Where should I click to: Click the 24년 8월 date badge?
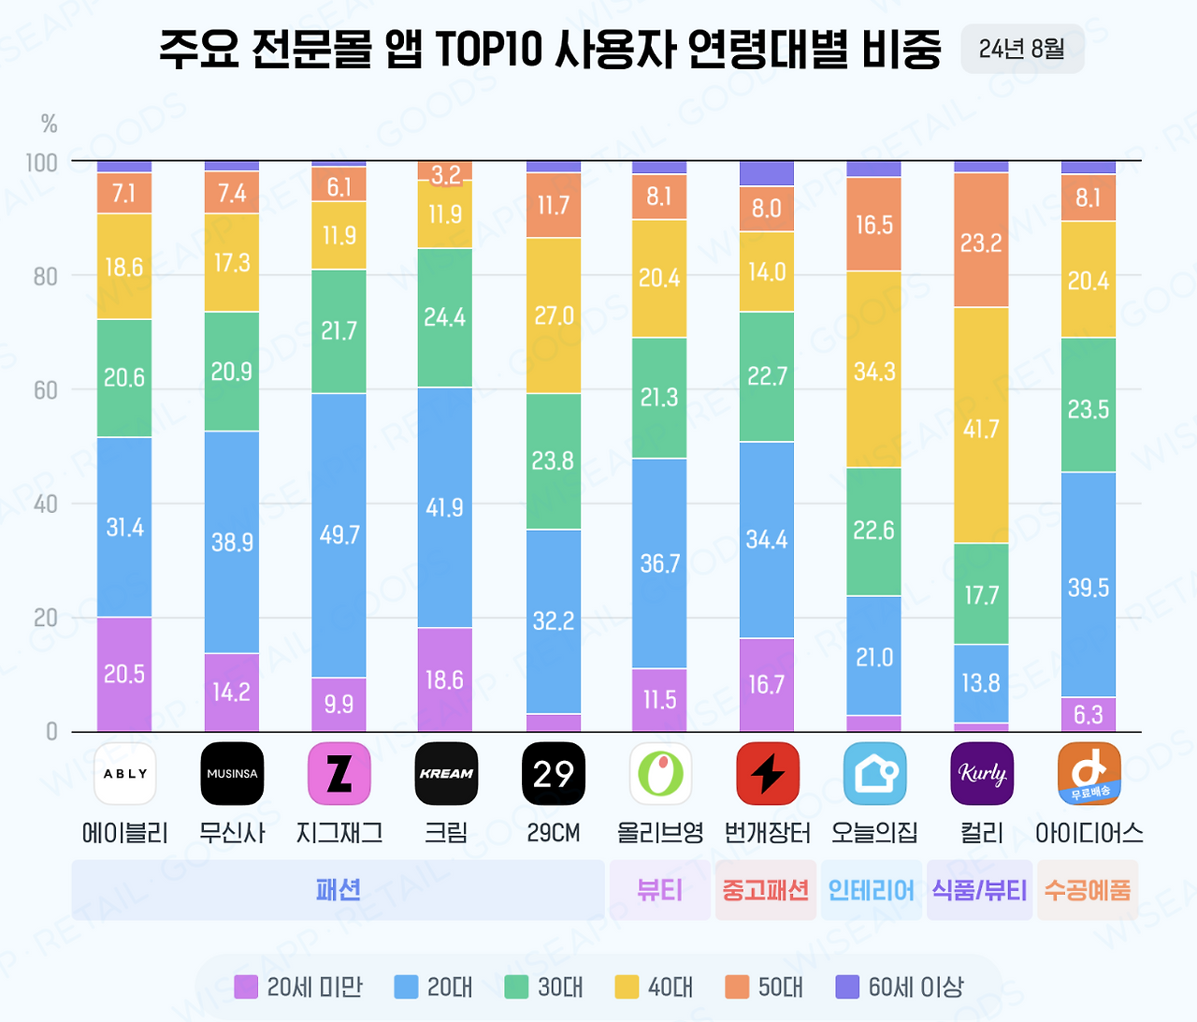[1022, 49]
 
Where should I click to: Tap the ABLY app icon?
[125, 774]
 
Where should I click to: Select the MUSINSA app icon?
[232, 774]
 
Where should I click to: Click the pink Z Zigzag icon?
[339, 774]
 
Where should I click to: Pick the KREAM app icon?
[446, 774]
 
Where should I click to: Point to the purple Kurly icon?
[982, 774]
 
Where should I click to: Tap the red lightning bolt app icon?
[768, 774]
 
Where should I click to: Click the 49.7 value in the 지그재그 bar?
[339, 534]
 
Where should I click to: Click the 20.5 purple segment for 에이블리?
[124, 674]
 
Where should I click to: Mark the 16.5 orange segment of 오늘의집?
[874, 225]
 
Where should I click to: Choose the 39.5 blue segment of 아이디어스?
[1089, 587]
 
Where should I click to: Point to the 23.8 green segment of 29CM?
[553, 460]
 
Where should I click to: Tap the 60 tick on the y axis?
[46, 390]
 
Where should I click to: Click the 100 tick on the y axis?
[42, 163]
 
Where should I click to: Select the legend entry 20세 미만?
[298, 986]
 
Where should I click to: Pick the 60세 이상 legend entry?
[899, 986]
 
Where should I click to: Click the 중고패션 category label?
[766, 890]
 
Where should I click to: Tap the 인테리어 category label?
[872, 890]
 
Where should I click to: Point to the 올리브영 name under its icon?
[660, 832]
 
